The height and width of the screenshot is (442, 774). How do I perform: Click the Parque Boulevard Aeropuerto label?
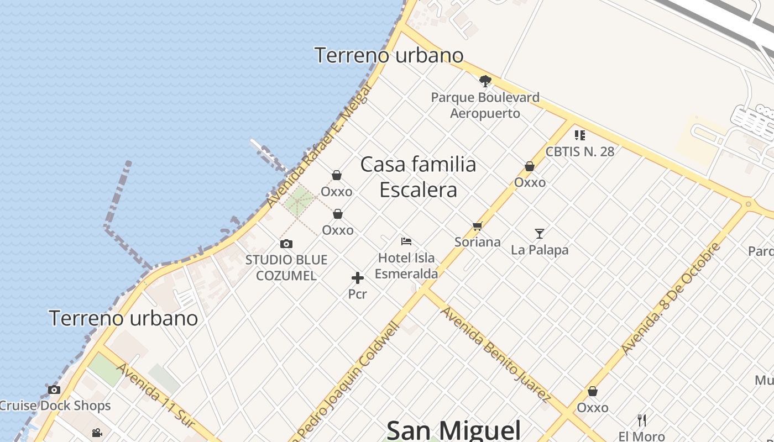(485, 105)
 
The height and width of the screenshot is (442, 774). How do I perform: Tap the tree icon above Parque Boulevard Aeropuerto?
(485, 82)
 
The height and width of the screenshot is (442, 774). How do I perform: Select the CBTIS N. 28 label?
(579, 151)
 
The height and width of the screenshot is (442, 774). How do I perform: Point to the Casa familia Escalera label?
(419, 177)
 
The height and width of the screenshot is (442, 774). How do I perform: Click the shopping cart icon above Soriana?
(478, 226)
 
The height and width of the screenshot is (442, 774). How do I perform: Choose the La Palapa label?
(540, 250)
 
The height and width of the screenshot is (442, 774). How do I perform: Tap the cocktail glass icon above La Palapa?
(540, 234)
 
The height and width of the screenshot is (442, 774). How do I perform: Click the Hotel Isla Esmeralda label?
(406, 265)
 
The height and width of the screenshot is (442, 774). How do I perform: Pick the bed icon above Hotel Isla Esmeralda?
(406, 241)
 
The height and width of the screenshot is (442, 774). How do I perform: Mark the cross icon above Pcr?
(358, 278)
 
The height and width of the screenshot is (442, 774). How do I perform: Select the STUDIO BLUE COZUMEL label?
(286, 267)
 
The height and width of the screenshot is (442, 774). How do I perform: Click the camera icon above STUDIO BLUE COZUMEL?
(286, 244)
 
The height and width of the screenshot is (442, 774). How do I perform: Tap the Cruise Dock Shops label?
(55, 406)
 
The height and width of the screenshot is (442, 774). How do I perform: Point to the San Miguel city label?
(453, 430)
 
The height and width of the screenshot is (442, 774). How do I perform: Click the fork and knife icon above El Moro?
(642, 420)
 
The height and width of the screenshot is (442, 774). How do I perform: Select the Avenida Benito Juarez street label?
(495, 354)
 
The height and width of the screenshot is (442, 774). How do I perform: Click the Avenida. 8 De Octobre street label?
(670, 298)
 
